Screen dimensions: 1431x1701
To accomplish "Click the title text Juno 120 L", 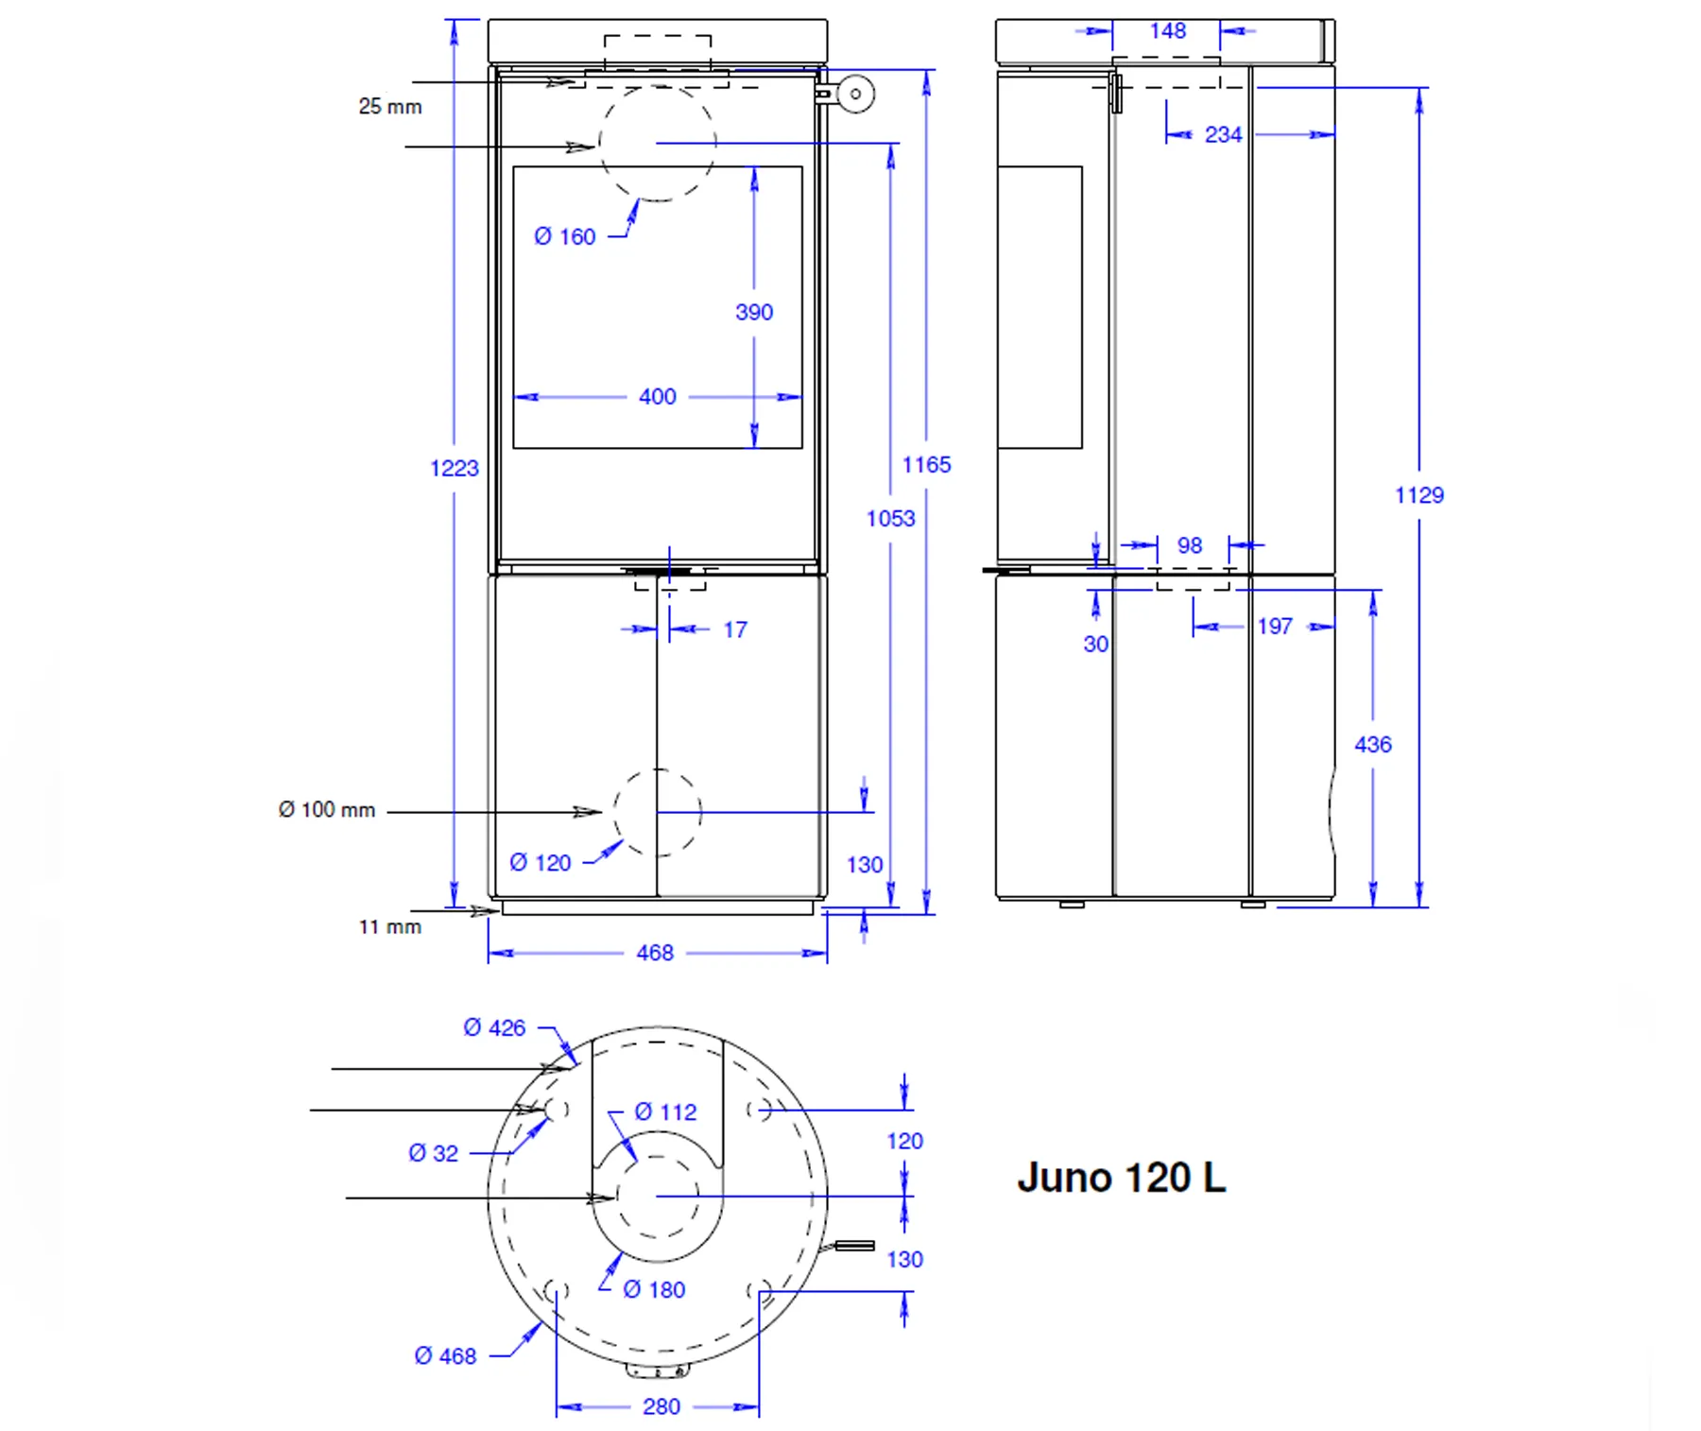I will point(1121,1178).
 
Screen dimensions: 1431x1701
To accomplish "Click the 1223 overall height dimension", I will point(455,468).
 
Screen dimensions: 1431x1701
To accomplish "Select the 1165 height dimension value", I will point(926,464).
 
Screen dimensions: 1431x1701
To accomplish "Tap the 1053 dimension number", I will point(890,518).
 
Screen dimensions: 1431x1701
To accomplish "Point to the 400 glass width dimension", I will point(658,397).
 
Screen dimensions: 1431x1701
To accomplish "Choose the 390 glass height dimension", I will point(754,312).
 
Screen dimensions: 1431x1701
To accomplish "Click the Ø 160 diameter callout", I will point(565,236).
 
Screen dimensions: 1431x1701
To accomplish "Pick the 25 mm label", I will point(390,107).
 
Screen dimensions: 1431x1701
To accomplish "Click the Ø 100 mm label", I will point(327,810).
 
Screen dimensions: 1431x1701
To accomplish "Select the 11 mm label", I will point(390,927).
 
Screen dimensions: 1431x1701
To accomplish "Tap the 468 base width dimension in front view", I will point(655,953).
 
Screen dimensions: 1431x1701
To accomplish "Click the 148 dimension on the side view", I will point(1168,31).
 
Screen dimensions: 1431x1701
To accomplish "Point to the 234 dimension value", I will point(1223,135).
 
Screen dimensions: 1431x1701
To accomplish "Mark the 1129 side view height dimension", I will point(1419,495).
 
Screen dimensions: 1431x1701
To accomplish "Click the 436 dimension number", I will point(1373,745).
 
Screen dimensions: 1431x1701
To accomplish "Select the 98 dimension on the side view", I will point(1190,545).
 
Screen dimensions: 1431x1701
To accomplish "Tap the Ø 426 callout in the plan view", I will point(494,1028).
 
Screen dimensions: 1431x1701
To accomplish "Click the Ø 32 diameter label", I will point(434,1153).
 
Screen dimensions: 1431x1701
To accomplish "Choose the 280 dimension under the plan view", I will point(661,1406).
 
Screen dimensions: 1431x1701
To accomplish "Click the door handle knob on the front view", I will point(856,94).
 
